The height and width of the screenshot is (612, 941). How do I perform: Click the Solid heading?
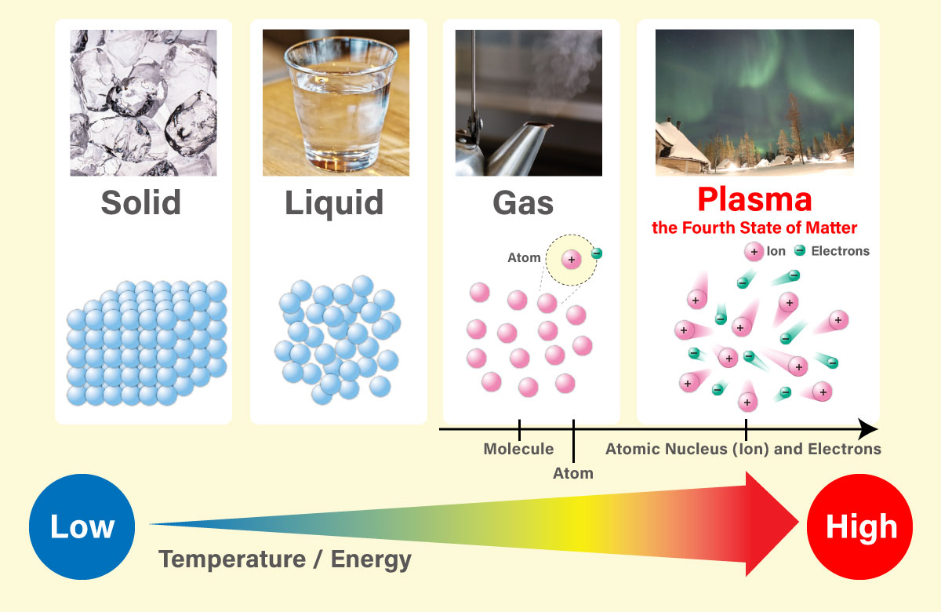141,202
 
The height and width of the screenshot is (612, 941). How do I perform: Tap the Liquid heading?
334,203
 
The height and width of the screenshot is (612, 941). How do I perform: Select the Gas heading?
523,203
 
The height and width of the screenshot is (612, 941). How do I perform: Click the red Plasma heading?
754,199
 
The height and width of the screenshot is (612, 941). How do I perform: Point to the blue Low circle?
82,526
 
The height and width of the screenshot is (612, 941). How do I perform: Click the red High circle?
860,526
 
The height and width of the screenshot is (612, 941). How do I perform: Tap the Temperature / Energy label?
285,560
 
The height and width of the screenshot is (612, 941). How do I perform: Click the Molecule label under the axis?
518,449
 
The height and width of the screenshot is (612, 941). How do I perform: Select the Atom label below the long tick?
573,473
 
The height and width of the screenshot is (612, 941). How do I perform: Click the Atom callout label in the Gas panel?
524,257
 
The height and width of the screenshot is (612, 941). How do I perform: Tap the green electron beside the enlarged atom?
597,253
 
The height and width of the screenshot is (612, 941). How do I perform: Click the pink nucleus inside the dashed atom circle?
572,260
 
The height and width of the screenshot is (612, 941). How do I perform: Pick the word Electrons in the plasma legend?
840,251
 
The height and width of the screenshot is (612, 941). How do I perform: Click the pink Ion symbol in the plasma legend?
754,251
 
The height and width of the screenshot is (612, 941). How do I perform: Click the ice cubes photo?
144,103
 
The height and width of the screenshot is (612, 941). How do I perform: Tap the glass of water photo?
336,103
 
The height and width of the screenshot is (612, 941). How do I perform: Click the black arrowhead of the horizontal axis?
868,429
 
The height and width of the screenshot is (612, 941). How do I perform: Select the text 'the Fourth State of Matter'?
754,228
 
